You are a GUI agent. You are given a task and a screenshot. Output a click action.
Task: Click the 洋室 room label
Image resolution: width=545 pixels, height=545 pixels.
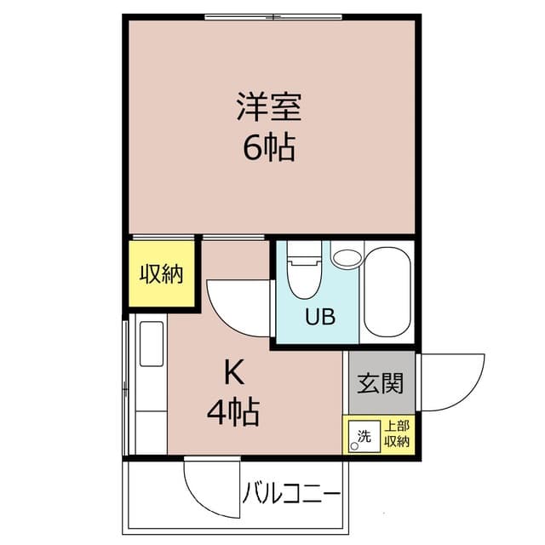[x=269, y=106]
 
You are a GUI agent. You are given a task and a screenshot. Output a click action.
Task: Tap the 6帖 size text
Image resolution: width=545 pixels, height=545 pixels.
[x=269, y=147]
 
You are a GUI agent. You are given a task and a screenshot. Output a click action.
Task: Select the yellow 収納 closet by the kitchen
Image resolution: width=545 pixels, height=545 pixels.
[x=162, y=274]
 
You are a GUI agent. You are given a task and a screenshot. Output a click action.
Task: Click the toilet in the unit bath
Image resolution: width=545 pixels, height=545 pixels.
[x=305, y=270]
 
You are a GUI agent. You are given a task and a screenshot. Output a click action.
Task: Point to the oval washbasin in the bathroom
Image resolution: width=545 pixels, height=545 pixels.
[x=348, y=257]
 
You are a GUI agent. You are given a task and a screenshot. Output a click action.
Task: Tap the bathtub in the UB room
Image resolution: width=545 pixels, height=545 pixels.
[x=387, y=291]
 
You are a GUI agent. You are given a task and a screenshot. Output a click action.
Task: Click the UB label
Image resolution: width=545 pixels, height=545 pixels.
[x=320, y=317]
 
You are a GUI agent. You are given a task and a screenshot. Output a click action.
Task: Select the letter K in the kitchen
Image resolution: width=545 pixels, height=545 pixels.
[x=234, y=371]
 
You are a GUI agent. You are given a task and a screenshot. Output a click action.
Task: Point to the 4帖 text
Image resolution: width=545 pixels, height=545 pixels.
[x=233, y=412]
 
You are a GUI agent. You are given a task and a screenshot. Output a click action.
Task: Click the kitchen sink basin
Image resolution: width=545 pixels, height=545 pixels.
[x=152, y=344]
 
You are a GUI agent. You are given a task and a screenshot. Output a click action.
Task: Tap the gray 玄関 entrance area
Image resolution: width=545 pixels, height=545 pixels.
[x=381, y=382]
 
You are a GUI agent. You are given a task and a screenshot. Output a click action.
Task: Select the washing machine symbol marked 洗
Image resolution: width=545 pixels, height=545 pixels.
[x=364, y=436]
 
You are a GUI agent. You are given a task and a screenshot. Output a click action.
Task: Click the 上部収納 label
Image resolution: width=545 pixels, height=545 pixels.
[x=397, y=433]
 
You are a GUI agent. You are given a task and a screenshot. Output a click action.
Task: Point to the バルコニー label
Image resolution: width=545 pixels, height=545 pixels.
[x=291, y=494]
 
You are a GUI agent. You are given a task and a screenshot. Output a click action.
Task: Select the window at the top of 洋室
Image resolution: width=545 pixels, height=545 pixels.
[x=273, y=17]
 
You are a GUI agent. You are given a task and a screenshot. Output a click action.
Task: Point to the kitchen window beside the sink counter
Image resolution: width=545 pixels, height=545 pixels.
[x=125, y=387]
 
